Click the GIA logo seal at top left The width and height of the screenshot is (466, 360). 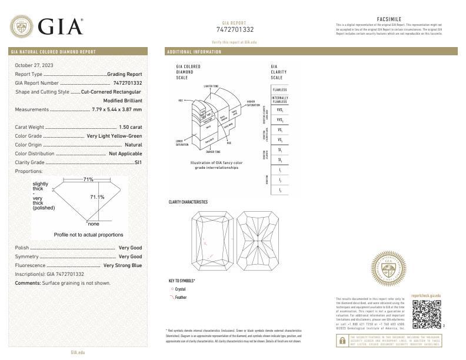(x=21, y=26)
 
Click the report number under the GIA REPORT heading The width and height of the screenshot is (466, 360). (x=235, y=29)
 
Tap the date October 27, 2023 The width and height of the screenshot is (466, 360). (x=34, y=65)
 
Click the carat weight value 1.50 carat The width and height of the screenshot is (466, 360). (x=131, y=127)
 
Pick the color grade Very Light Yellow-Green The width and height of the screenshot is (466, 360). (x=114, y=136)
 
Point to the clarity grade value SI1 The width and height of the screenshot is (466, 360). (x=138, y=162)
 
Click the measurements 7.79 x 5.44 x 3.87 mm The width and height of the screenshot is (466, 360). (x=117, y=109)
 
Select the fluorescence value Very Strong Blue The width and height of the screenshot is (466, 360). (x=122, y=265)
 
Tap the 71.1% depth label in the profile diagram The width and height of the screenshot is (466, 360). (x=97, y=197)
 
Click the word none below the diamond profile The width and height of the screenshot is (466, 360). (x=94, y=224)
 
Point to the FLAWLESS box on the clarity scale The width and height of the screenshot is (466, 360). (x=280, y=89)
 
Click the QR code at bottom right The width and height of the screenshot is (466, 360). (x=426, y=314)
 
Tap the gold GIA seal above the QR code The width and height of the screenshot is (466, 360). (x=388, y=269)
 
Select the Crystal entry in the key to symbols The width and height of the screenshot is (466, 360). (x=180, y=289)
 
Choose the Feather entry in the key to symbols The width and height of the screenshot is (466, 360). (x=180, y=298)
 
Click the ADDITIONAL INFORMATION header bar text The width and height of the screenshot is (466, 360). (x=194, y=52)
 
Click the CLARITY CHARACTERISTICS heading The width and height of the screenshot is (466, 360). (x=188, y=202)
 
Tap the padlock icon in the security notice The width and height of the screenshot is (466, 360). (x=342, y=341)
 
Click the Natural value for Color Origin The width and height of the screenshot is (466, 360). (x=133, y=145)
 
